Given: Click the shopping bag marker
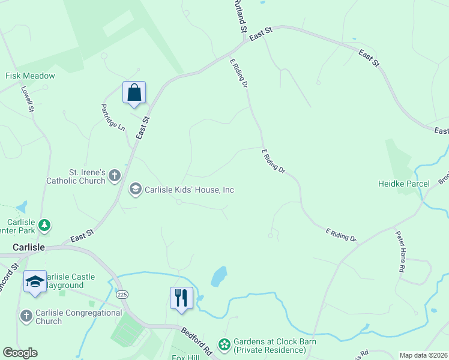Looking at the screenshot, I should point(134,93).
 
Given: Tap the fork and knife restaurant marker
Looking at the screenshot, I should point(181,298).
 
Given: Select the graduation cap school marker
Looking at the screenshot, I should point(35,281).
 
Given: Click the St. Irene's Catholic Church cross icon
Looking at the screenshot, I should point(115,176).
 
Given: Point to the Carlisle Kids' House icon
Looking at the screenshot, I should point(136,190).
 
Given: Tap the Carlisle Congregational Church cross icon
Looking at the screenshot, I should point(26,316).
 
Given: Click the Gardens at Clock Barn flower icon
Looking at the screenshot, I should point(224,344).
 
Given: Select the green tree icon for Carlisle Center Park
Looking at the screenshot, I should point(44,225).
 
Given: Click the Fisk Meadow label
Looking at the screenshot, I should point(30,76).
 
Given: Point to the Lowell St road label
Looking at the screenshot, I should point(28,99).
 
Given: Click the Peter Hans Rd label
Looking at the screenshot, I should point(399,251).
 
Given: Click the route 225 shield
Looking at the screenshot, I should point(122,295).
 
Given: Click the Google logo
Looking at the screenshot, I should point(20,352).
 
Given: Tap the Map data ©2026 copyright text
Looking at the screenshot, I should point(423,355).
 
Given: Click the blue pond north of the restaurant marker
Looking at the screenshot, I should point(219,276).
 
